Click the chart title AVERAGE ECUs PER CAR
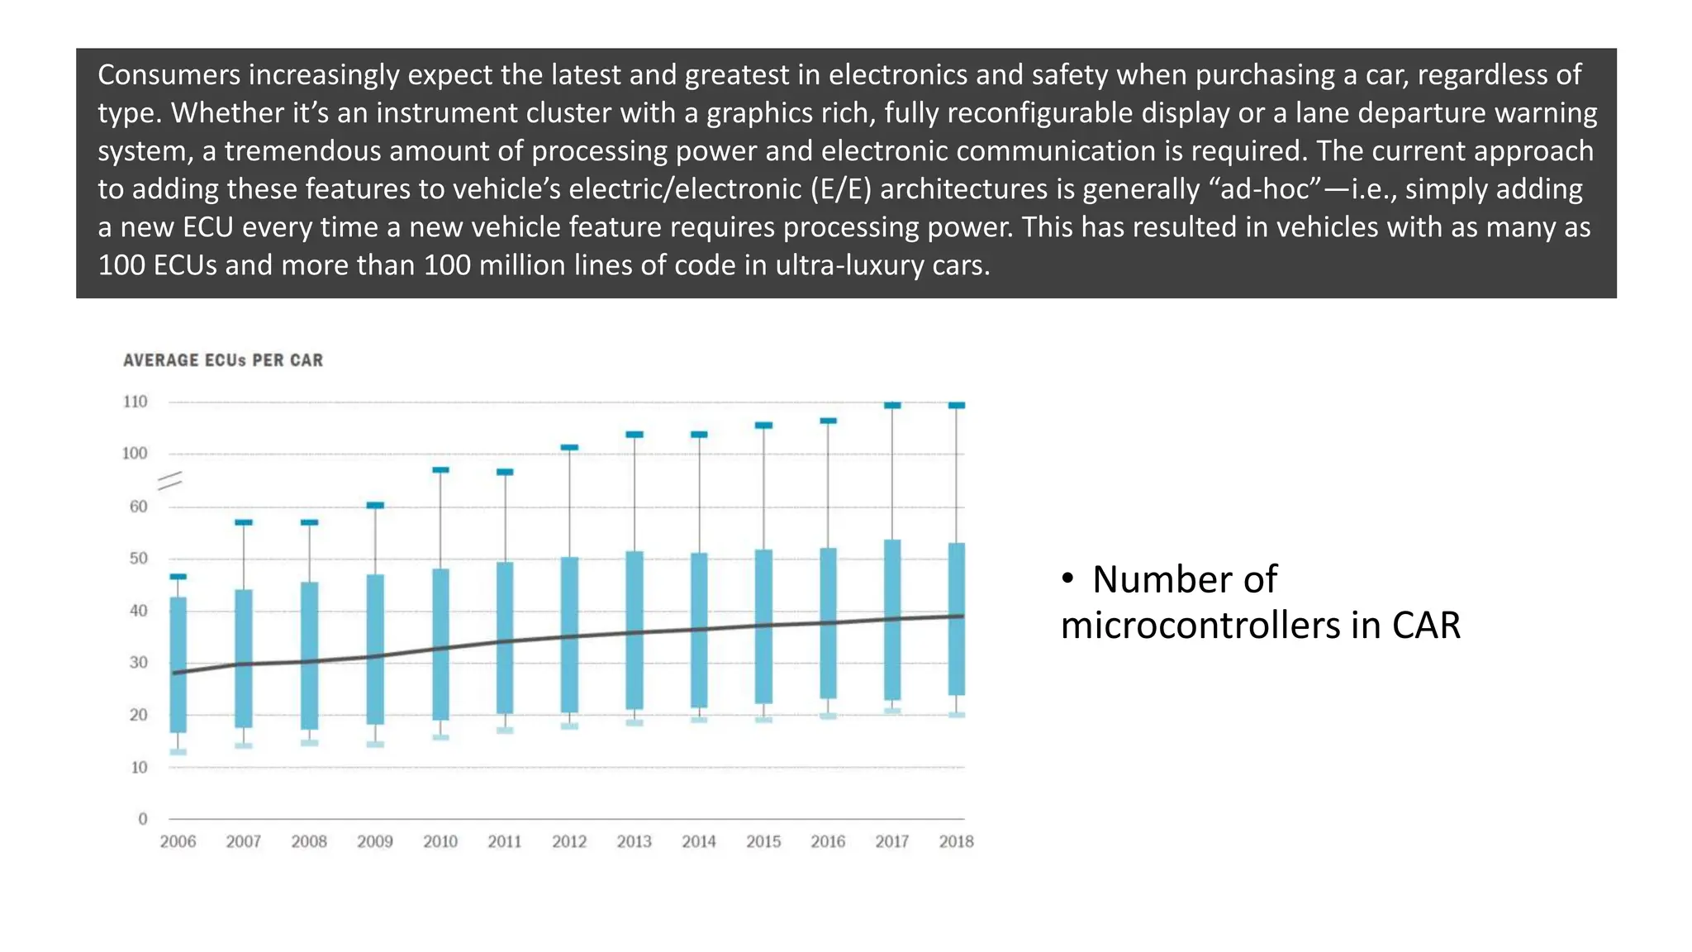pyautogui.click(x=223, y=360)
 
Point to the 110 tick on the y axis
pyautogui.click(x=135, y=402)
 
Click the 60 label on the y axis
pyautogui.click(x=138, y=507)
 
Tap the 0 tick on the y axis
pyautogui.click(x=142, y=819)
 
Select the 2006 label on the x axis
pyautogui.click(x=178, y=841)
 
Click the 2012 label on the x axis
pyautogui.click(x=569, y=841)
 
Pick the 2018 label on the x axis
pyautogui.click(x=956, y=841)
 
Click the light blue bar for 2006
pyautogui.click(x=178, y=664)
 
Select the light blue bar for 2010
pyautogui.click(x=440, y=645)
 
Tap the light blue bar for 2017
pyautogui.click(x=892, y=620)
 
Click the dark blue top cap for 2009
pyautogui.click(x=375, y=505)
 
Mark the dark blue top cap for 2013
pyautogui.click(x=634, y=435)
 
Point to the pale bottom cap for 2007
pyautogui.click(x=244, y=745)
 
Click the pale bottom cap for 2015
pyautogui.click(x=763, y=720)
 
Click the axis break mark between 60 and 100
pyautogui.click(x=170, y=481)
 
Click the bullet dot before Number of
pyautogui.click(x=1067, y=579)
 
